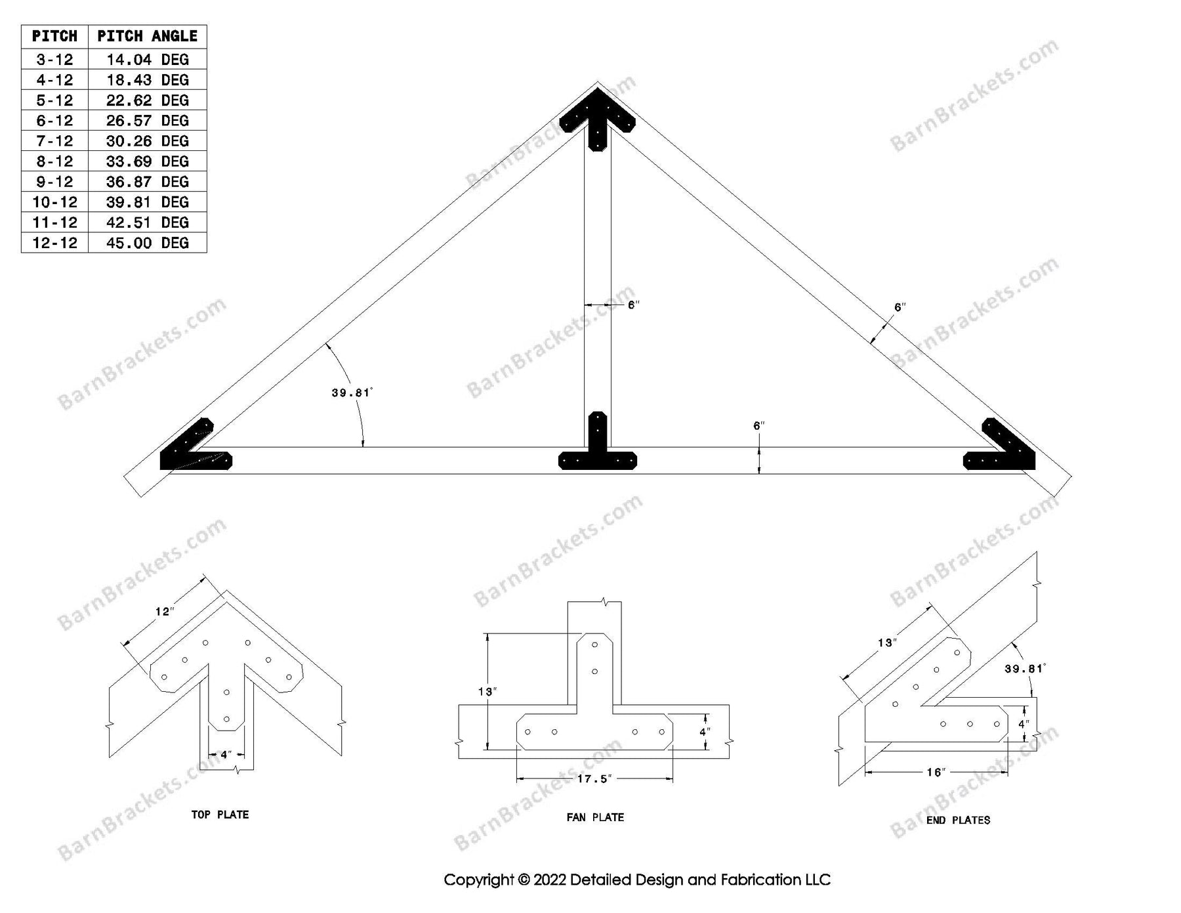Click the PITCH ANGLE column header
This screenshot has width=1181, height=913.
point(147,36)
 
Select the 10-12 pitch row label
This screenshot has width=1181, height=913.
point(54,202)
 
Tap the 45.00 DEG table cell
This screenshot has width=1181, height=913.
point(147,243)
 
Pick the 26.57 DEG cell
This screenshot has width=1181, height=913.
point(147,121)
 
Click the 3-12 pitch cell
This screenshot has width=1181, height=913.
point(54,60)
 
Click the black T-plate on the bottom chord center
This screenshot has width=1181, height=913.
point(597,453)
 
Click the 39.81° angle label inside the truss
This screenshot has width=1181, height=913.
point(352,393)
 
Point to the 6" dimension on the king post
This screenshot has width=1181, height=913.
point(633,305)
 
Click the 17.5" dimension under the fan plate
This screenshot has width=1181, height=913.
point(594,779)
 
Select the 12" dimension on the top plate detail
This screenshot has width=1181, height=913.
point(164,612)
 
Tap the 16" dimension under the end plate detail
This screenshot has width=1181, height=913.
point(935,773)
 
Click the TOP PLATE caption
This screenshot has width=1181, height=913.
point(220,815)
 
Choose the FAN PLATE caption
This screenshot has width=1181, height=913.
point(595,817)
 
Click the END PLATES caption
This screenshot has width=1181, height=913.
point(958,820)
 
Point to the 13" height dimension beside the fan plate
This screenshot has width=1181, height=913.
point(487,691)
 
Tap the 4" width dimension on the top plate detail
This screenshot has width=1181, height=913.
point(226,755)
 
